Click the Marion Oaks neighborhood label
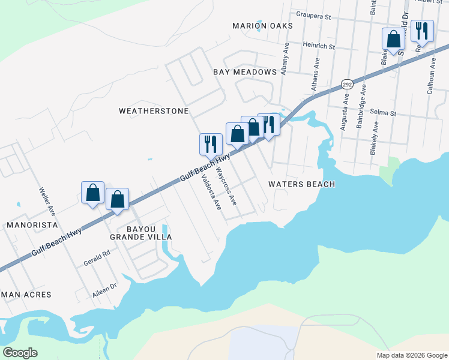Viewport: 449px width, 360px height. click(x=263, y=26)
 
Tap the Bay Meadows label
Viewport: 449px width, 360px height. click(x=244, y=71)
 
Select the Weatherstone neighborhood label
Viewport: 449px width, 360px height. click(x=154, y=111)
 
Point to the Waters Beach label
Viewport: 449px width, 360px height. click(x=301, y=184)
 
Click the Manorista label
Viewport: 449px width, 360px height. click(x=31, y=225)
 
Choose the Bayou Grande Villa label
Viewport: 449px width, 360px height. click(x=140, y=233)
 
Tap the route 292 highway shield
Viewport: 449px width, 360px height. click(x=347, y=85)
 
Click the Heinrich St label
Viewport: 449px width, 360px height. click(x=318, y=45)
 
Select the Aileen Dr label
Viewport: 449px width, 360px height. click(x=91, y=287)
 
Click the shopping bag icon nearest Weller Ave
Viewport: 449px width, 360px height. click(x=93, y=193)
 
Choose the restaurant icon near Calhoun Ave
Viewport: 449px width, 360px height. click(x=423, y=32)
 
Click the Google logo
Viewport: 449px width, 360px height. click(x=20, y=353)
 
